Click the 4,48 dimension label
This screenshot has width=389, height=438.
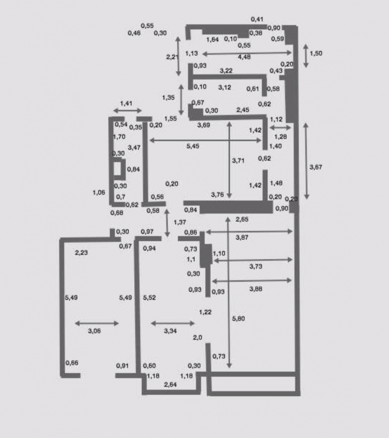click(244, 57)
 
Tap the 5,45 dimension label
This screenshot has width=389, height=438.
click(193, 146)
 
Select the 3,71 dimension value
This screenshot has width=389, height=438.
click(238, 161)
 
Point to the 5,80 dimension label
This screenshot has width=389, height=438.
click(239, 318)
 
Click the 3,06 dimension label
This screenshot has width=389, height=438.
click(94, 331)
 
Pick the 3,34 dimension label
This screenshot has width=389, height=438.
click(170, 331)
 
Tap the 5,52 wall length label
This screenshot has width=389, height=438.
click(149, 298)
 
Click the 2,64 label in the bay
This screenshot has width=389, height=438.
click(170, 385)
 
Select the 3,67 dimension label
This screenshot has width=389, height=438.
click(316, 167)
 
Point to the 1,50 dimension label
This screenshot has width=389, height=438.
click(316, 53)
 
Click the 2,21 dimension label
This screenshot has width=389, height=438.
click(172, 57)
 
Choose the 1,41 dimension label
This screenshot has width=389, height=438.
click(126, 104)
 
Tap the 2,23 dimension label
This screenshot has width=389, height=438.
click(82, 253)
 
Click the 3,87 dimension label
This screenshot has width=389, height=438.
click(242, 237)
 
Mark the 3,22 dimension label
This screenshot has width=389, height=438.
click(226, 71)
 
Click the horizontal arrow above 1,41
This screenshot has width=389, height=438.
click(128, 110)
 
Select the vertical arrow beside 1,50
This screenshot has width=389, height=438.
click(306, 56)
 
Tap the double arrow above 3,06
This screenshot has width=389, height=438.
click(97, 324)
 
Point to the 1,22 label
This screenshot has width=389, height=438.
click(205, 312)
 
